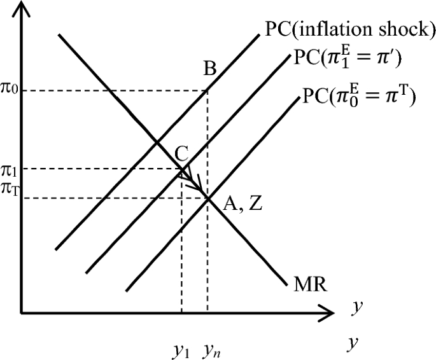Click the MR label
pos(311,284)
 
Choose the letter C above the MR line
pos(181,152)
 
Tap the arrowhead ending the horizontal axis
pos(330,312)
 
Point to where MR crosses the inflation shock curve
pos(157,141)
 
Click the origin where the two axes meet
pos(22,312)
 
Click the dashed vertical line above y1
pos(182,254)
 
